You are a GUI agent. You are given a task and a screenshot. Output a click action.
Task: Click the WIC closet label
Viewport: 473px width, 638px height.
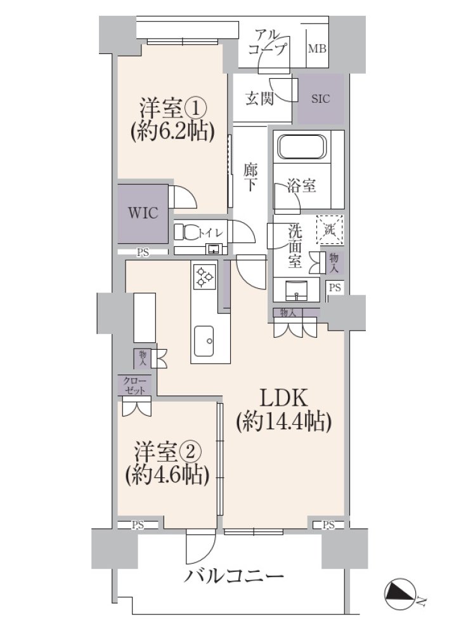pyautogui.click(x=143, y=213)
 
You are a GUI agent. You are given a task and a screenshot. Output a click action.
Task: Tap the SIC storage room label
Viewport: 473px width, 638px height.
pyautogui.click(x=321, y=99)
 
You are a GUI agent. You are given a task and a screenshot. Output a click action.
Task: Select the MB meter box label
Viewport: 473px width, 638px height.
pyautogui.click(x=317, y=49)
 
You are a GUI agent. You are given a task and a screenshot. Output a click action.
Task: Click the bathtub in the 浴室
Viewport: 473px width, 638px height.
pyautogui.click(x=302, y=147)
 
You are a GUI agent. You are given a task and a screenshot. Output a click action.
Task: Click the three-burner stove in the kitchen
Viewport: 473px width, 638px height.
pyautogui.click(x=204, y=276)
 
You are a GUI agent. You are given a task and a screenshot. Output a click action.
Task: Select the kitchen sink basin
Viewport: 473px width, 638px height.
pyautogui.click(x=204, y=341)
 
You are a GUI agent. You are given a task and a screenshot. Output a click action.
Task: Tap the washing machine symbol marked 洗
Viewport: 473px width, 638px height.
pyautogui.click(x=330, y=229)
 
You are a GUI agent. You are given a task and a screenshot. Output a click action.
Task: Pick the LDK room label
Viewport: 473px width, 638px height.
pyautogui.click(x=283, y=398)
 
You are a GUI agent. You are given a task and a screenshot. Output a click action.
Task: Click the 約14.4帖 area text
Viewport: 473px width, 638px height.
pyautogui.click(x=283, y=422)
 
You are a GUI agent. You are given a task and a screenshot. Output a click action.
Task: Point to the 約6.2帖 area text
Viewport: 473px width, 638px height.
pyautogui.click(x=172, y=132)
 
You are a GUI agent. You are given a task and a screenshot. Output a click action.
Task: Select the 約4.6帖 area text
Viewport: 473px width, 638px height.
pyautogui.click(x=167, y=474)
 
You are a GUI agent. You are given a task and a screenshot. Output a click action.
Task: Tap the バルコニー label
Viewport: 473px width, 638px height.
pyautogui.click(x=234, y=576)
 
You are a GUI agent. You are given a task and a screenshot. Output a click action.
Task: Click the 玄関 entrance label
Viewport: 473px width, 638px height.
pyautogui.click(x=259, y=98)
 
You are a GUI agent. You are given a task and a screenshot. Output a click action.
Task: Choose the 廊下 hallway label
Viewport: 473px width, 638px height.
pyautogui.click(x=250, y=177)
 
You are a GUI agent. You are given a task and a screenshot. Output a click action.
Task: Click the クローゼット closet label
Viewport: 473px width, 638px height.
pyautogui.click(x=135, y=387)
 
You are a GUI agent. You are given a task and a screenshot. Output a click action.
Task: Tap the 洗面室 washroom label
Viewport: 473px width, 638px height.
pyautogui.click(x=295, y=246)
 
